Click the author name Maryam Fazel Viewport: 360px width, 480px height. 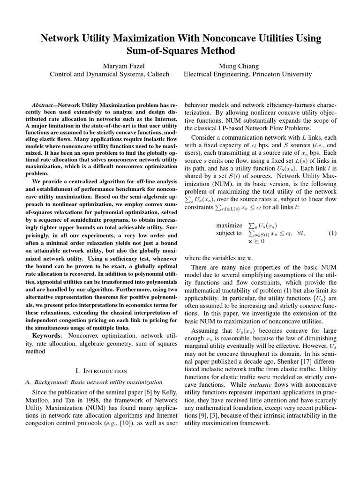[110, 65]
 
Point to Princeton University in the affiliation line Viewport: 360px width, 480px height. [280, 74]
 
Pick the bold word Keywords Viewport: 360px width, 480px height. [46, 336]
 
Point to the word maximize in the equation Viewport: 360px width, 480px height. [229, 225]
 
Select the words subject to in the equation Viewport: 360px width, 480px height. [229, 233]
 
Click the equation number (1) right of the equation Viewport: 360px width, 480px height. [332, 233]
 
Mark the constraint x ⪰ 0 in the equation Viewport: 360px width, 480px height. [256, 241]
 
